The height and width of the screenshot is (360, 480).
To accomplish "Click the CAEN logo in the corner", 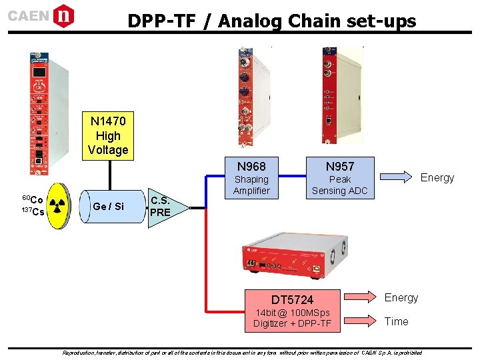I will pyautogui.click(x=41, y=15).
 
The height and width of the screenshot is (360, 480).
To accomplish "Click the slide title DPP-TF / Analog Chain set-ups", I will pyautogui.click(x=271, y=21).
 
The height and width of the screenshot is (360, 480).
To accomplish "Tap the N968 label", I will pyautogui.click(x=251, y=166).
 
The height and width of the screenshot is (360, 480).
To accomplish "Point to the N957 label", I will pyautogui.click(x=339, y=166).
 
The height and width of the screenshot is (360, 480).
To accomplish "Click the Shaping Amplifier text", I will pyautogui.click(x=251, y=185).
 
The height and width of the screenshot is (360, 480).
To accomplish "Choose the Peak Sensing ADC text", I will pyautogui.click(x=339, y=185).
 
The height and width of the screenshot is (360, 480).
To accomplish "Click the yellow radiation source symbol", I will pyautogui.click(x=59, y=205).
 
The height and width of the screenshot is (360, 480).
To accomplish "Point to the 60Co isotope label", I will pyautogui.click(x=33, y=199).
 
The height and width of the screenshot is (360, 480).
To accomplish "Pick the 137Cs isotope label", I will pyautogui.click(x=33, y=212).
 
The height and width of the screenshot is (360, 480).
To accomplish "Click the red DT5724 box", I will pyautogui.click(x=293, y=300).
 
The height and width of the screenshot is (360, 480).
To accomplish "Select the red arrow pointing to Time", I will pyautogui.click(x=363, y=322).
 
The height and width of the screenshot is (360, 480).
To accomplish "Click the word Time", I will pyautogui.click(x=396, y=322).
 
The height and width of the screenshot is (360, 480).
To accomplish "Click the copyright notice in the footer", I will pyautogui.click(x=241, y=352).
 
